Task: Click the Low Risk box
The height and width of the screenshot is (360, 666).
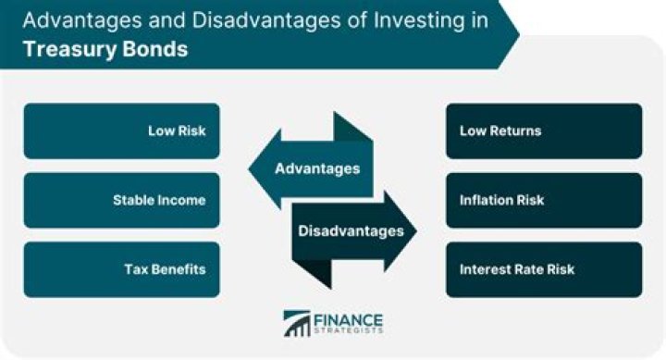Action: pyautogui.click(x=121, y=130)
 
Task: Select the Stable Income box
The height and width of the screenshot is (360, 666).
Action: pyautogui.click(x=121, y=200)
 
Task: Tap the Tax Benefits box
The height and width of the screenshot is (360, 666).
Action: pyautogui.click(x=121, y=269)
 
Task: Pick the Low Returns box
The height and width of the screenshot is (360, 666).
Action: pyautogui.click(x=543, y=130)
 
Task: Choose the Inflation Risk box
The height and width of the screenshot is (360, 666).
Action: pyautogui.click(x=543, y=200)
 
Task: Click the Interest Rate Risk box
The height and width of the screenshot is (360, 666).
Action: pyautogui.click(x=543, y=269)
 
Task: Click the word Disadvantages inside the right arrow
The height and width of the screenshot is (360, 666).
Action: pyautogui.click(x=351, y=230)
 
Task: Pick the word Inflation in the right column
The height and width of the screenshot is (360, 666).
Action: pyautogui.click(x=489, y=200)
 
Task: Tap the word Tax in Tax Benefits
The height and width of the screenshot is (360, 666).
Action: pyautogui.click(x=136, y=269)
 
